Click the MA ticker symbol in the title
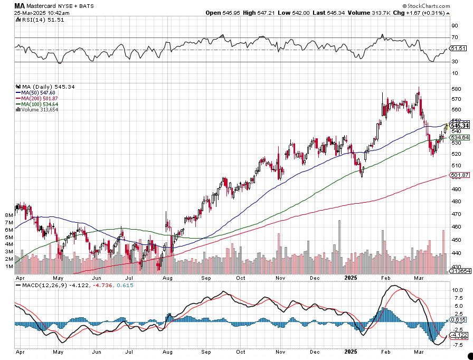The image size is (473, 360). point(20,6)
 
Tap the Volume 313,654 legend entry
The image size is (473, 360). point(40,110)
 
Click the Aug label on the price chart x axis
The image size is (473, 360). point(168,277)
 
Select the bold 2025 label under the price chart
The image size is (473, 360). point(351,277)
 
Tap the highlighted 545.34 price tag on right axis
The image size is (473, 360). point(460,126)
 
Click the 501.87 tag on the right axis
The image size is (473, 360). point(460,175)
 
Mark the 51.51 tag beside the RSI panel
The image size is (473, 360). point(459,49)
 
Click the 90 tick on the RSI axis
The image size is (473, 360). point(453,25)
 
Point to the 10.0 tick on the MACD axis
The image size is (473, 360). point(457,290)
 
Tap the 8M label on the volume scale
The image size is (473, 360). point(8,215)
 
